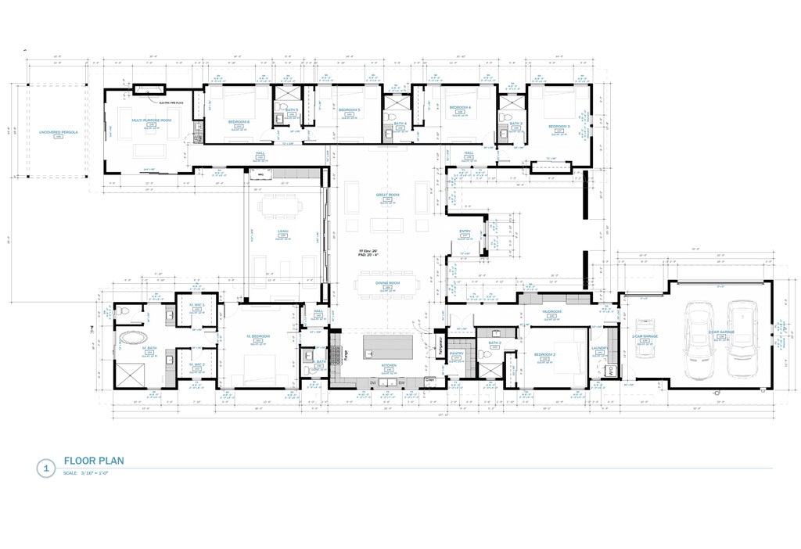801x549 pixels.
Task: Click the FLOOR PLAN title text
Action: [94, 461]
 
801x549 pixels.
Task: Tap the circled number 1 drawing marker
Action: [46, 469]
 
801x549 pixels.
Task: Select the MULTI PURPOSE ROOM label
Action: [150, 120]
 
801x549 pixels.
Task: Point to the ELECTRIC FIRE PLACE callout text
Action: [171, 102]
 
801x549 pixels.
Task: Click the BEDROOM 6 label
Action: [239, 122]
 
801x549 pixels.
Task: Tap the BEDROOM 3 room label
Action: [559, 126]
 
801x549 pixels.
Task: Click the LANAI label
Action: [283, 231]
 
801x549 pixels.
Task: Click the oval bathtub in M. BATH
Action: [131, 340]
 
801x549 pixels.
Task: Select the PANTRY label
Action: [457, 353]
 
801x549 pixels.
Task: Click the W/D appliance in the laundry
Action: [610, 370]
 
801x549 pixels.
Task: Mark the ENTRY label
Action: [465, 231]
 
